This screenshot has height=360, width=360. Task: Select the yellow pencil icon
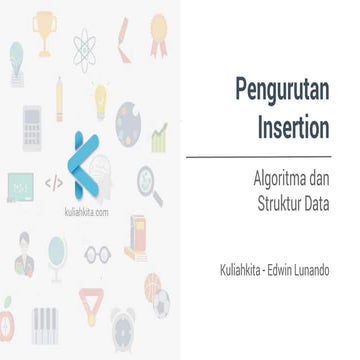(61, 94)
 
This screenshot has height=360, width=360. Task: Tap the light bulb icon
(101, 94)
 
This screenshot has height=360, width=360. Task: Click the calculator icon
(29, 131)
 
